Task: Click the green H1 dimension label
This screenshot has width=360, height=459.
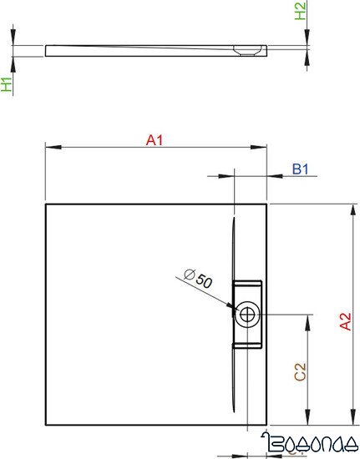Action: pyautogui.click(x=7, y=83)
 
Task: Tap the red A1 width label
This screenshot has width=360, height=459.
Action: pyautogui.click(x=154, y=141)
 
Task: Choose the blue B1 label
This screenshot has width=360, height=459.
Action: pyautogui.click(x=301, y=169)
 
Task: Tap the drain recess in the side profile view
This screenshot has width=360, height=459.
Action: pyautogui.click(x=247, y=49)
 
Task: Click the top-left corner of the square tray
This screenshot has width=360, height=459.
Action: pyautogui.click(x=45, y=203)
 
